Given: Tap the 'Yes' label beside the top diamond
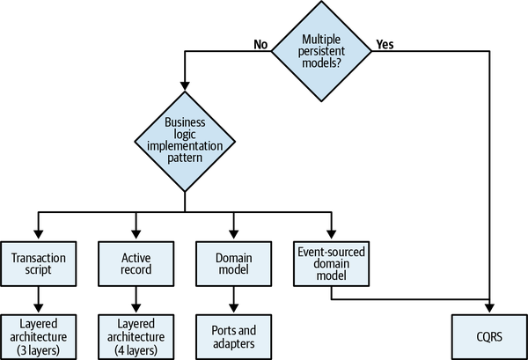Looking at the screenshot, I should click(x=385, y=42).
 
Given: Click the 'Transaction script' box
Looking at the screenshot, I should click(x=37, y=263).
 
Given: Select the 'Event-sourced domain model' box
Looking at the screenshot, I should click(x=330, y=263).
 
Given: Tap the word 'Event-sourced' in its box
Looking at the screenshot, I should click(x=330, y=251).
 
